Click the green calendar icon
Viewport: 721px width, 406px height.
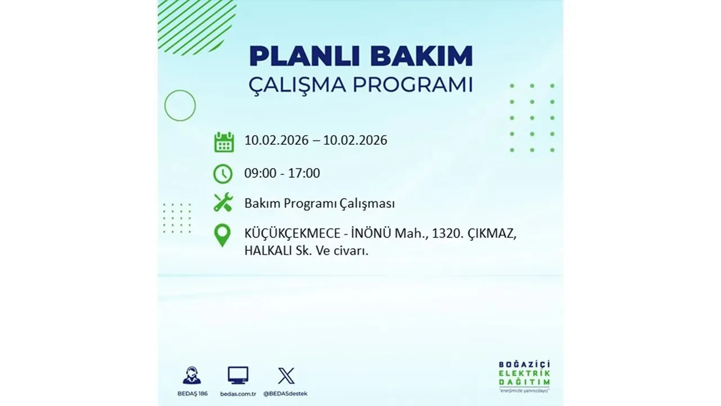pyautogui.click(x=224, y=142)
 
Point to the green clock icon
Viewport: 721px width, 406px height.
pyautogui.click(x=223, y=173)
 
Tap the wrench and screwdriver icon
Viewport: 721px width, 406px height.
pyautogui.click(x=223, y=202)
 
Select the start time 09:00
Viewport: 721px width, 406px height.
pyautogui.click(x=260, y=173)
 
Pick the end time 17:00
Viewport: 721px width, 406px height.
pyautogui.click(x=304, y=173)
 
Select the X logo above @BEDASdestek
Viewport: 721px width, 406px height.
pyautogui.click(x=286, y=376)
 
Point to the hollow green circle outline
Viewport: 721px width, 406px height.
pyautogui.click(x=180, y=105)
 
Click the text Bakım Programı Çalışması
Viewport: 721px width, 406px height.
pyautogui.click(x=319, y=204)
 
